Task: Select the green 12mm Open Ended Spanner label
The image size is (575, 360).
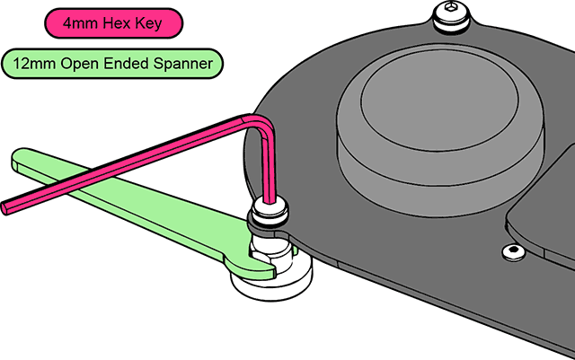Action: click(111, 65)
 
